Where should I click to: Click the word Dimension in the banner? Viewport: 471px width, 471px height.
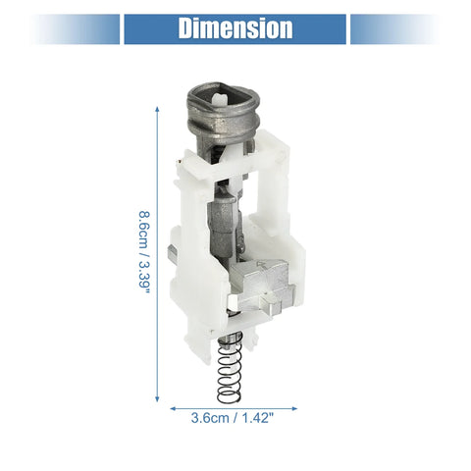tap(235, 28)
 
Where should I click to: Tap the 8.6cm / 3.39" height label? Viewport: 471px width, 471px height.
tap(144, 252)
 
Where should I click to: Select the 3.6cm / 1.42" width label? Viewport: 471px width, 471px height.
tap(232, 418)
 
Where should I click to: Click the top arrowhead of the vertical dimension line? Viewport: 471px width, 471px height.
tap(157, 110)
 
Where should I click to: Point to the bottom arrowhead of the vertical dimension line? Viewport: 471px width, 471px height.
tap(157, 398)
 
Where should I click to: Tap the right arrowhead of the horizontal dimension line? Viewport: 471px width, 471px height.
tap(294, 408)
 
